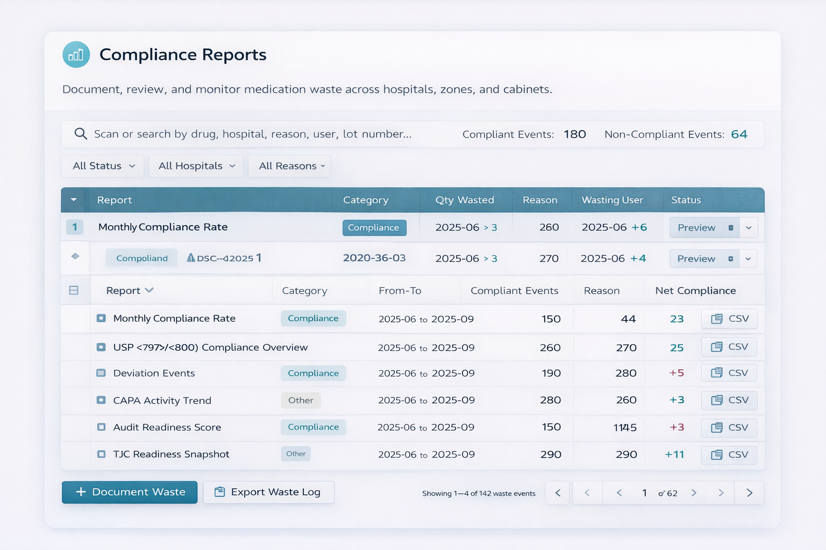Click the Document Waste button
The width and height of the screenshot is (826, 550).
[x=130, y=492]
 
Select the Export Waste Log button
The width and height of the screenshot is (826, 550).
[x=268, y=492]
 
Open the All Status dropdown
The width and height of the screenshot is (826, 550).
[x=103, y=166]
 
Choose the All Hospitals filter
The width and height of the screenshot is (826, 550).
[x=196, y=166]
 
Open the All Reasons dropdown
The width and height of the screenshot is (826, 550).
[x=289, y=166]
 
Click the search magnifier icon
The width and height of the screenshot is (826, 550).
[x=81, y=134]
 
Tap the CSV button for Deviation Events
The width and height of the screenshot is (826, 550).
[x=729, y=373]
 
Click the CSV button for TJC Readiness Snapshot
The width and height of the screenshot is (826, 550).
[x=729, y=454]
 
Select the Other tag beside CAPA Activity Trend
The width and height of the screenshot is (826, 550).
[x=301, y=400]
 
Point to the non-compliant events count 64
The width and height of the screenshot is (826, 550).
[x=739, y=134]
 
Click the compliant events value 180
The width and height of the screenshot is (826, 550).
[x=574, y=134]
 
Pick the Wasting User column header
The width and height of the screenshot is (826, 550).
[x=612, y=200]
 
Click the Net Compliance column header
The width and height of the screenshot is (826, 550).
[x=695, y=291]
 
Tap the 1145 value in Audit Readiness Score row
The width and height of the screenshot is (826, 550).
[x=625, y=428]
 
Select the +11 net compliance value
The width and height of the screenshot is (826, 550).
[x=674, y=454]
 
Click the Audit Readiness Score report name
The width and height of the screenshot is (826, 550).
[x=167, y=428]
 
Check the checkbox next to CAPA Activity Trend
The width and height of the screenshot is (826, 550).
[x=101, y=400]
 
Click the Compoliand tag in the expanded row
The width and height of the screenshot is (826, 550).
[x=142, y=258]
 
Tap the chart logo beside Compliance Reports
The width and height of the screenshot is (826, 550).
[x=76, y=55]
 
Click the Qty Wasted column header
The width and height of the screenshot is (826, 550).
[x=464, y=200]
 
